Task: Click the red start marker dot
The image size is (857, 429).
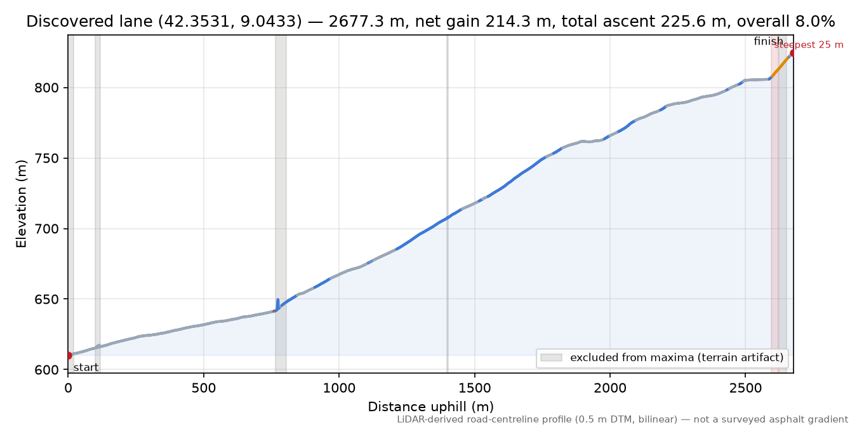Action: (x=69, y=355)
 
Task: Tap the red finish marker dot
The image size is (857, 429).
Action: (x=792, y=53)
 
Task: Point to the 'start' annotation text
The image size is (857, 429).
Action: (x=86, y=367)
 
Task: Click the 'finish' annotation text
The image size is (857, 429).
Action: (x=768, y=41)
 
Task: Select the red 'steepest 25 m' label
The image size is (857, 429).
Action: (x=809, y=45)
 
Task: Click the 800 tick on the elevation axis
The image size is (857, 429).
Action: (x=46, y=88)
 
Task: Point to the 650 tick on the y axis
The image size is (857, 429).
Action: (x=46, y=299)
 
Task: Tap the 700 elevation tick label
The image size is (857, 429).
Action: (x=46, y=229)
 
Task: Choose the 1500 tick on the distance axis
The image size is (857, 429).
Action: (x=474, y=388)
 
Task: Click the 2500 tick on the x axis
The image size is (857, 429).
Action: (x=745, y=388)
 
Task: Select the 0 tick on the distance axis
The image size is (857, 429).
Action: (x=68, y=388)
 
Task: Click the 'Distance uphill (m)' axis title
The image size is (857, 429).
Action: (x=431, y=407)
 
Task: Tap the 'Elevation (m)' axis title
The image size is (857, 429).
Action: (x=22, y=204)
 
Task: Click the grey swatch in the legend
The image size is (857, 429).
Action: (x=551, y=358)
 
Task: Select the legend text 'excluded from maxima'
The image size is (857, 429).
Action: (x=632, y=358)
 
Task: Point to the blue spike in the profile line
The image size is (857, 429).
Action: (x=277, y=304)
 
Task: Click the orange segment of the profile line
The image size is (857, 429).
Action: (x=780, y=67)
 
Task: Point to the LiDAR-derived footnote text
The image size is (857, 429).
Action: (x=623, y=420)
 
